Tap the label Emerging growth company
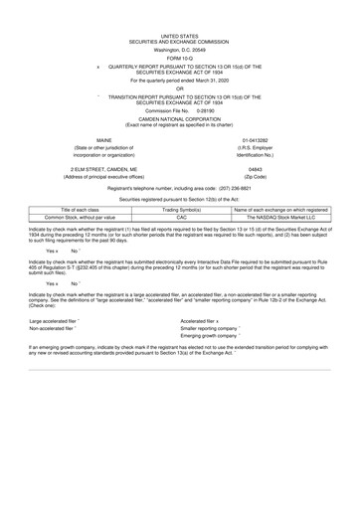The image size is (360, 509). [x=228, y=340]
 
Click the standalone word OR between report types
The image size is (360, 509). [x=179, y=85]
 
